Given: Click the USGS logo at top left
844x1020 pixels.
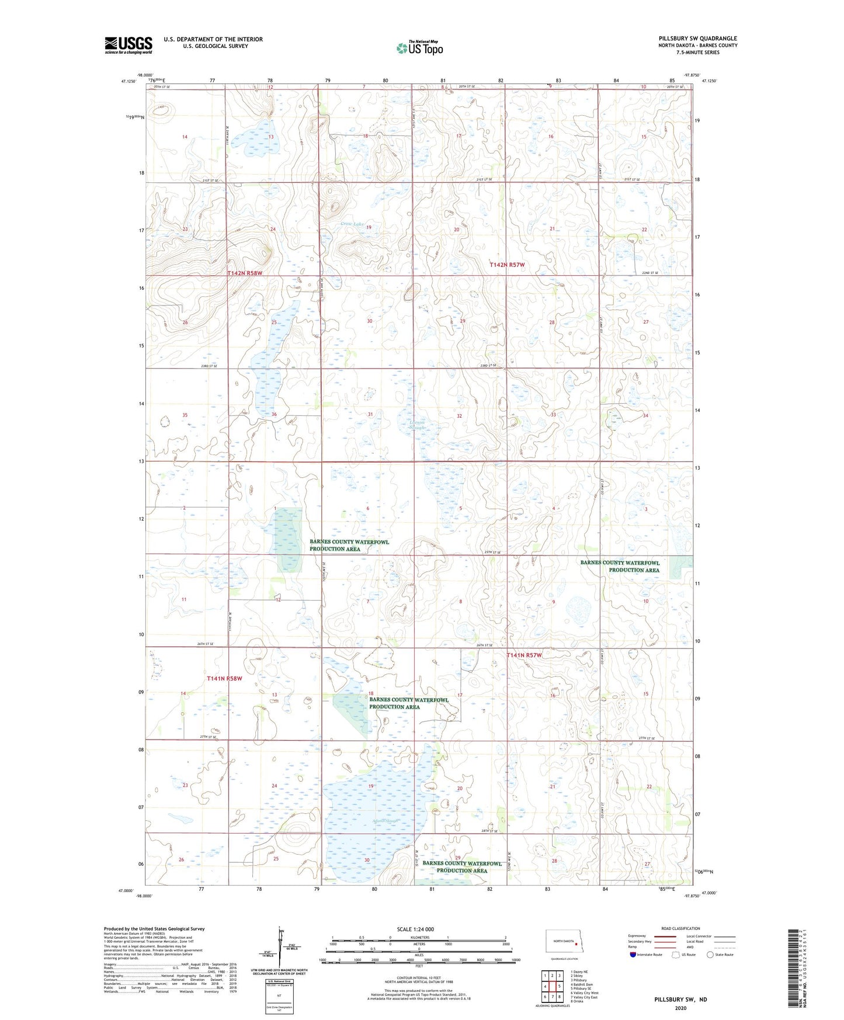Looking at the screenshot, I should point(128,45).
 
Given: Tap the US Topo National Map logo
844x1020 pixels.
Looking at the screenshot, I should point(419,48).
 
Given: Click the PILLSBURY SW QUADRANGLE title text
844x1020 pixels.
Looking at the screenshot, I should point(697,39).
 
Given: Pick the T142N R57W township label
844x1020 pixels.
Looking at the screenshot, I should point(507,265).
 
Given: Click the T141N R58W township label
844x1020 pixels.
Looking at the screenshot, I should point(224,679).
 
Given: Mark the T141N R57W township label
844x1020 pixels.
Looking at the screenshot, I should point(524,655).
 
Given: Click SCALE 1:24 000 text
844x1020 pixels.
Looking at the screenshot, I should point(415,929).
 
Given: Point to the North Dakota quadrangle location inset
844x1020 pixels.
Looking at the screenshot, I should point(564,942).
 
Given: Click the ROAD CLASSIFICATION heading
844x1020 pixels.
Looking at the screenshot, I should point(680,928).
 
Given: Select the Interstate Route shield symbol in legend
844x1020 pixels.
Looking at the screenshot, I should point(633,955).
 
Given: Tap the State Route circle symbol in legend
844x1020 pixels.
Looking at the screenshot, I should point(710,955).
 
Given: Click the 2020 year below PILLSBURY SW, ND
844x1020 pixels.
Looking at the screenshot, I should point(680,1008).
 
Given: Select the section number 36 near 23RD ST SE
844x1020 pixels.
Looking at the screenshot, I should point(274,414).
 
